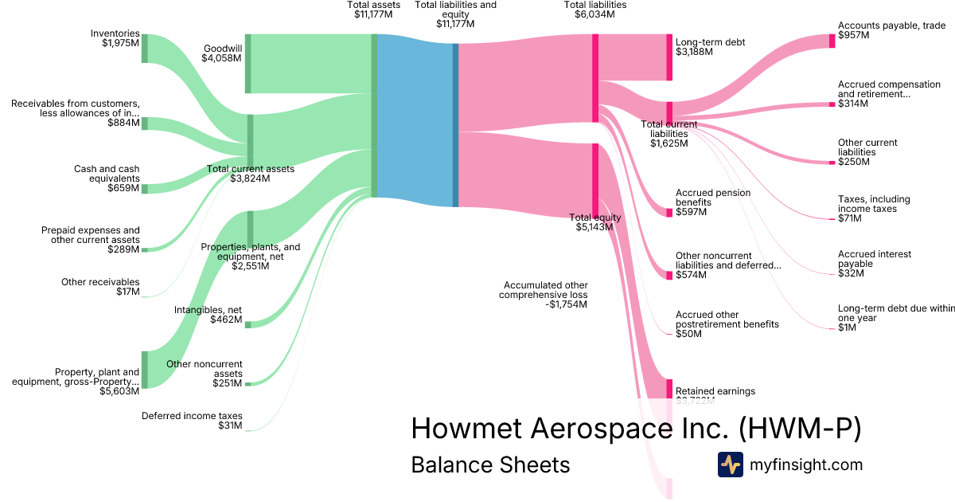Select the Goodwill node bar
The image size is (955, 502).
click(x=248, y=64)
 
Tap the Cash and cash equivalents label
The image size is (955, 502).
click(x=107, y=178)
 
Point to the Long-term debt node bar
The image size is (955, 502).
click(x=670, y=57)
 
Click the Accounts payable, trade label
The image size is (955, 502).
click(x=891, y=31)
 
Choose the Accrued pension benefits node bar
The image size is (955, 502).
click(x=669, y=213)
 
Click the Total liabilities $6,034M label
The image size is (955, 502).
click(x=595, y=10)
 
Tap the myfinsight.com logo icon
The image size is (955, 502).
click(x=730, y=465)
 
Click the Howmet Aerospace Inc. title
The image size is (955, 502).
click(x=636, y=429)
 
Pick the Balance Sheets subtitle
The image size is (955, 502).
click(x=490, y=465)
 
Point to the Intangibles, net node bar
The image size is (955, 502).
click(x=248, y=324)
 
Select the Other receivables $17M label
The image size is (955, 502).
click(x=100, y=287)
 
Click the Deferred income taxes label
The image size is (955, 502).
click(x=192, y=421)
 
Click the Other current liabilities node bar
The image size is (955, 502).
click(x=832, y=162)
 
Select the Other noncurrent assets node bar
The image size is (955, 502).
click(x=248, y=384)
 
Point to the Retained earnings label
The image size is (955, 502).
click(x=715, y=391)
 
